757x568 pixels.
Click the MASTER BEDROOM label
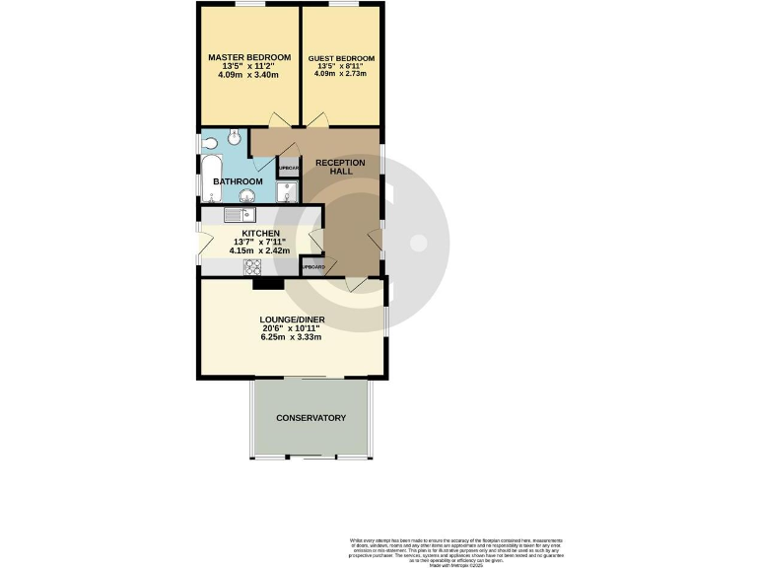tap(249, 57)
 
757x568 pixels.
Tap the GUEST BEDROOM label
tap(340, 58)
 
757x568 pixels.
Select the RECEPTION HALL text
tap(340, 168)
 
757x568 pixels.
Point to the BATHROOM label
tap(239, 181)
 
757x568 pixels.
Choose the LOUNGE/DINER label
tap(292, 319)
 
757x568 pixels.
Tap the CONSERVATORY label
tap(311, 418)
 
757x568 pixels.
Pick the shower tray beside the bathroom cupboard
tap(288, 191)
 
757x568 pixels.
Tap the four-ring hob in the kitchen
tap(252, 266)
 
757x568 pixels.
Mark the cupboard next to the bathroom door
tap(288, 167)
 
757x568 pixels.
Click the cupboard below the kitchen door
tap(313, 266)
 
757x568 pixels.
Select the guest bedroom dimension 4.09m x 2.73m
tap(340, 73)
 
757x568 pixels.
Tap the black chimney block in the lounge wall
tap(267, 284)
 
